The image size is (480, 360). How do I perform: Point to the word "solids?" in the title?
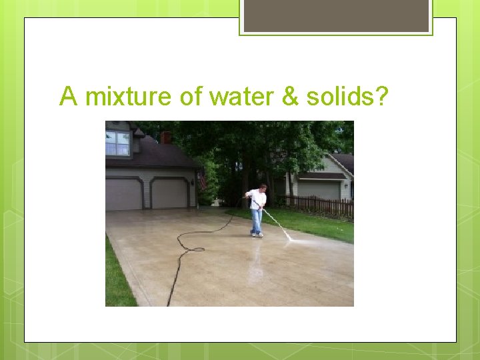point(347,97)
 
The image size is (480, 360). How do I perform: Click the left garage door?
point(123,194)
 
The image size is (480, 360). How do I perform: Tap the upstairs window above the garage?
point(117,143)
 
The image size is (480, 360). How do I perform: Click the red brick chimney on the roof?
point(166,137)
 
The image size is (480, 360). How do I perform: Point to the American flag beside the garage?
point(203,180)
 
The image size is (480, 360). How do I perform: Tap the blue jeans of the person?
point(257,220)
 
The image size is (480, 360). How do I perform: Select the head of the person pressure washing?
point(263,188)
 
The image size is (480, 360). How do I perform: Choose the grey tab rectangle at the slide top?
point(336,15)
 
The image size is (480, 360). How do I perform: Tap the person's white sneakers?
point(257,234)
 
